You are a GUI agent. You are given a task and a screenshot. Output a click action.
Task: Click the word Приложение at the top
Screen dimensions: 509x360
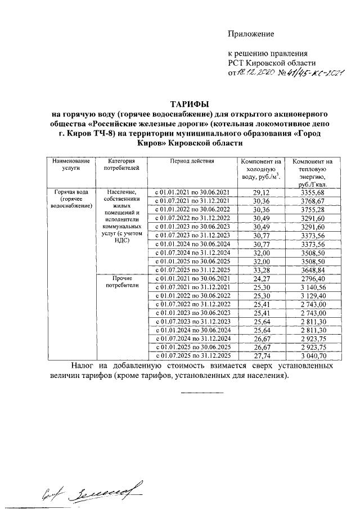pos(251,34)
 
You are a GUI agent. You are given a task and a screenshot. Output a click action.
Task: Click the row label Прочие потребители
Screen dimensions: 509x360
pos(118,281)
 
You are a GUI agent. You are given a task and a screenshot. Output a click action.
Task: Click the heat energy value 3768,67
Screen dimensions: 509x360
pos(313,201)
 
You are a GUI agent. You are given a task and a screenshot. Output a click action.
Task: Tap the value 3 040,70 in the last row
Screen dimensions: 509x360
pos(313,355)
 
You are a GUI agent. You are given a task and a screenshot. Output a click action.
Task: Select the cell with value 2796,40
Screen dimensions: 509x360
pos(313,278)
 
